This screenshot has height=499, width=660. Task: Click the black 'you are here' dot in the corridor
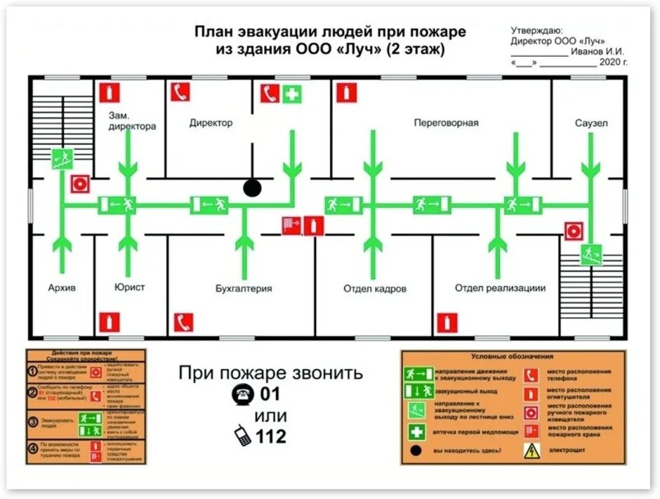pyautogui.click(x=252, y=188)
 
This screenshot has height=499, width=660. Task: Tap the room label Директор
pyautogui.click(x=211, y=123)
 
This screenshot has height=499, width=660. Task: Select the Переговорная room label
pyautogui.click(x=446, y=123)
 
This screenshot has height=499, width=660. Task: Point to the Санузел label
pyautogui.click(x=590, y=123)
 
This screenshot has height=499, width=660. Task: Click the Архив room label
pyautogui.click(x=62, y=287)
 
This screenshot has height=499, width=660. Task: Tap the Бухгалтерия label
pyautogui.click(x=244, y=288)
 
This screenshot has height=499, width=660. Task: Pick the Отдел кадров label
pyautogui.click(x=375, y=288)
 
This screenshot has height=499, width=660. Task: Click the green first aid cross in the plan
pyautogui.click(x=292, y=93)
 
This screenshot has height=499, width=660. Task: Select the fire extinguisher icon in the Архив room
pyautogui.click(x=109, y=323)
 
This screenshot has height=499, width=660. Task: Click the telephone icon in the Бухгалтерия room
pyautogui.click(x=184, y=323)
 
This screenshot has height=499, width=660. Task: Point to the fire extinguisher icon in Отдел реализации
pyautogui.click(x=447, y=323)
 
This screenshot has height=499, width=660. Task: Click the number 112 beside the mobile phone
pyautogui.click(x=270, y=436)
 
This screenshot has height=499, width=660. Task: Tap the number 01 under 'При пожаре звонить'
pyautogui.click(x=270, y=394)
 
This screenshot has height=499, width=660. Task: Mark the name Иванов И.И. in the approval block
pyautogui.click(x=598, y=51)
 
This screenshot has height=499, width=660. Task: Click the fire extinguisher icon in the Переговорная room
pyautogui.click(x=346, y=93)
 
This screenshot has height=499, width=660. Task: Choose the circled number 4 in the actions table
pyautogui.click(x=32, y=448)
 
